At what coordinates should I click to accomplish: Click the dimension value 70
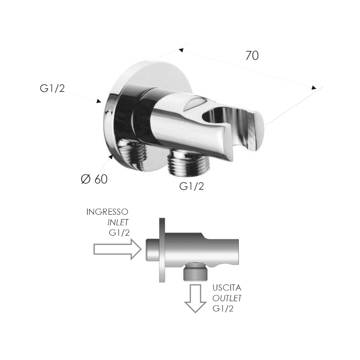(252, 56)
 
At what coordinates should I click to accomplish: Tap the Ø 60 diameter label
(94, 179)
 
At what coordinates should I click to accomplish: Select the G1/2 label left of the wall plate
(52, 88)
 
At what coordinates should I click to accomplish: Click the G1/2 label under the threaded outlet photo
(192, 186)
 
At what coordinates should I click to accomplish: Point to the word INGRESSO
(107, 212)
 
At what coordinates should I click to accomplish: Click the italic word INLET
(118, 222)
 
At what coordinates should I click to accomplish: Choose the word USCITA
(227, 288)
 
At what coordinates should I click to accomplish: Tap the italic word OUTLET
(227, 298)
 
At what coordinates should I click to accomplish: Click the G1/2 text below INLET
(119, 233)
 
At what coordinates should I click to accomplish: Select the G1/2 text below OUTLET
(223, 308)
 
